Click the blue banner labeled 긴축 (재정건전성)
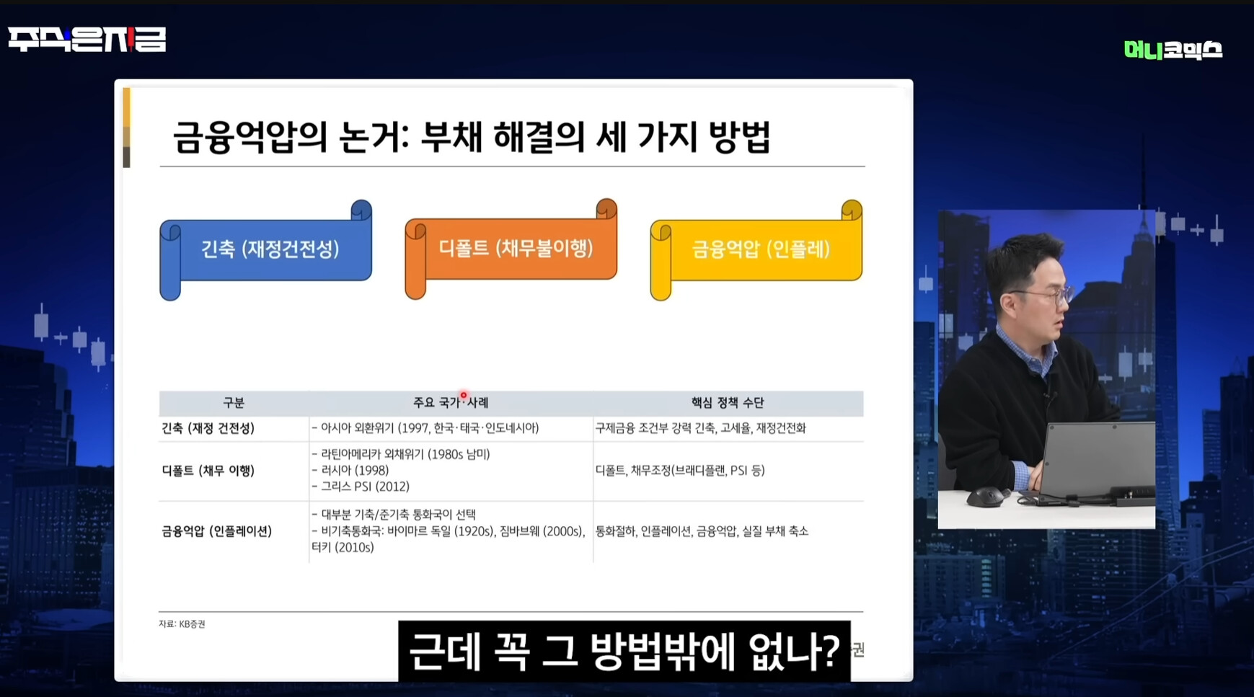point(265,250)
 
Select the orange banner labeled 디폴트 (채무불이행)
point(511,249)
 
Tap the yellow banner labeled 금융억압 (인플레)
point(756,250)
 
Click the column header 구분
point(234,403)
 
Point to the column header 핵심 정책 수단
point(728,403)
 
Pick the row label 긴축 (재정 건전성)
point(208,428)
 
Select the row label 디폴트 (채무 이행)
point(208,471)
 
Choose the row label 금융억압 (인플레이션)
point(216,531)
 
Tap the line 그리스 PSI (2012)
point(361,487)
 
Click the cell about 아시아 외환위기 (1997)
point(425,428)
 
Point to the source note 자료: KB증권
point(182,624)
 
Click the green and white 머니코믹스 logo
point(1173,50)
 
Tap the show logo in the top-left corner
point(87,39)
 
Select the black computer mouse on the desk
point(986,497)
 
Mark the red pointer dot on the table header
point(464,396)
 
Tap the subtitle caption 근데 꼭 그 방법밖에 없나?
point(624,652)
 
